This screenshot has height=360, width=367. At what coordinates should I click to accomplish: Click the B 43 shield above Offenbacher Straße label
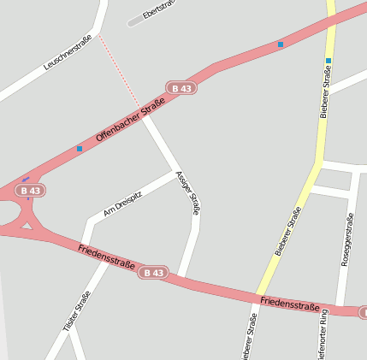click(181, 88)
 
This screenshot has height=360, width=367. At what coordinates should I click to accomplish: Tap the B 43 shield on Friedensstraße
click(152, 272)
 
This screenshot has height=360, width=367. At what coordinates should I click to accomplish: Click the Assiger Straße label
click(187, 192)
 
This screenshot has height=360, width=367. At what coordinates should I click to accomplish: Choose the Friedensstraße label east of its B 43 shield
click(290, 303)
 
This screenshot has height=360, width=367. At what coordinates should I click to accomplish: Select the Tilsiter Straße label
click(77, 312)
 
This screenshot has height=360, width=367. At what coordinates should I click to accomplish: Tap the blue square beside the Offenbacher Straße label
click(80, 148)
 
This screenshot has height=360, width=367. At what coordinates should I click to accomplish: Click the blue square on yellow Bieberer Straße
click(328, 61)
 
